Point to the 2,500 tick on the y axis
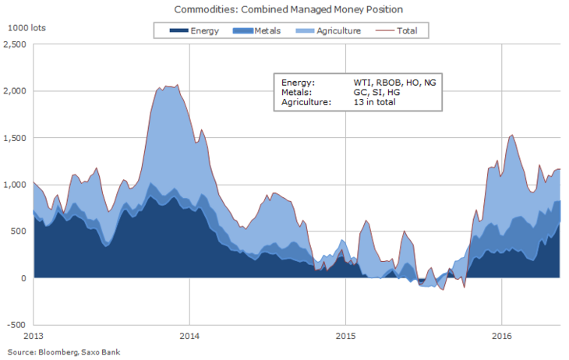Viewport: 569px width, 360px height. coord(16,44)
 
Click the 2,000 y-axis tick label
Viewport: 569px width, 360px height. coord(16,91)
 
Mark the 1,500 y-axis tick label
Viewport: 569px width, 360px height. coord(16,138)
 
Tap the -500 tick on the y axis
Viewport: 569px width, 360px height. coord(17,325)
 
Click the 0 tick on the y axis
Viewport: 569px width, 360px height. coord(24,278)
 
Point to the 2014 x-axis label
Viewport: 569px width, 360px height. coord(189,336)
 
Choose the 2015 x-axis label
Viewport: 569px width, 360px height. coord(345,336)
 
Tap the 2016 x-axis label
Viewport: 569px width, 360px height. coord(500,336)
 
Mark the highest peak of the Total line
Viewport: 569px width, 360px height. coord(178,85)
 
